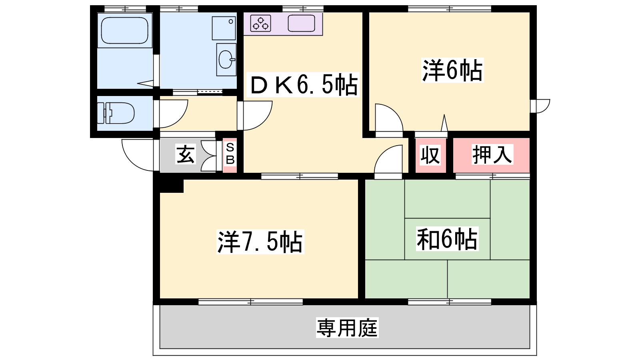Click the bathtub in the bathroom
[124, 30]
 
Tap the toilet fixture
[116, 113]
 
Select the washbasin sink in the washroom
[226, 60]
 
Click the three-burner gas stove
[260, 23]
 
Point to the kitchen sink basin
[301, 23]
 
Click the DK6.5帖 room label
[304, 85]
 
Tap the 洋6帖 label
[452, 70]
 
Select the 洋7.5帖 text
[260, 242]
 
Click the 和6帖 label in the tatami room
[447, 239]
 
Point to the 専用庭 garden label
[347, 328]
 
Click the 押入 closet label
[492, 154]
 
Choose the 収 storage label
[430, 155]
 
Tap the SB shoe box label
[230, 154]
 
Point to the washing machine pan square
[224, 28]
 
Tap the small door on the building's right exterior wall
[540, 106]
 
